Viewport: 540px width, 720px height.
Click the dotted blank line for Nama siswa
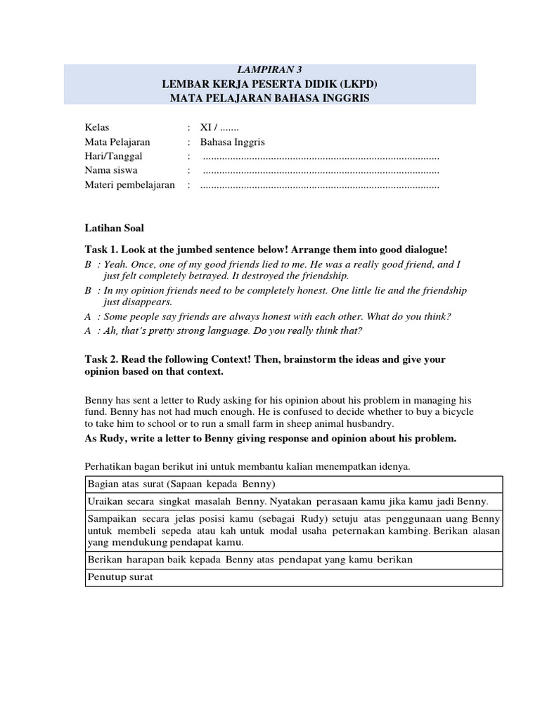pyautogui.click(x=321, y=170)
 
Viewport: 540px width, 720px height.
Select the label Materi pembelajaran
pyautogui.click(x=129, y=185)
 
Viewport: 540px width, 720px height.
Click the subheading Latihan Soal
pyautogui.click(x=114, y=229)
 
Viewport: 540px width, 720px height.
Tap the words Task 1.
pyautogui.click(x=103, y=250)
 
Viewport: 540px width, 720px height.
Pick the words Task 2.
pyautogui.click(x=103, y=359)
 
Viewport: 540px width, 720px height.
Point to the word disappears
pyautogui.click(x=146, y=302)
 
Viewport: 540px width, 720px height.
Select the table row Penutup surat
pyautogui.click(x=119, y=577)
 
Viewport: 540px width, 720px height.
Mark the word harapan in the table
pyautogui.click(x=142, y=560)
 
